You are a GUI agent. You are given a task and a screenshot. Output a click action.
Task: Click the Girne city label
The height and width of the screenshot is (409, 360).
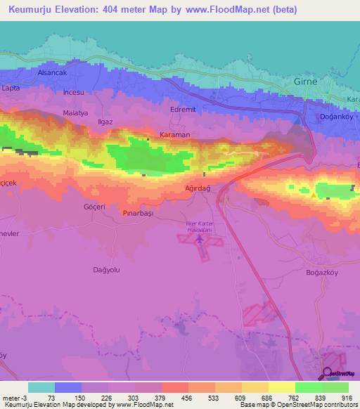(305, 82)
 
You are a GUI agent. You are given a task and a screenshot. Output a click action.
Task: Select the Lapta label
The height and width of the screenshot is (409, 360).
(11, 88)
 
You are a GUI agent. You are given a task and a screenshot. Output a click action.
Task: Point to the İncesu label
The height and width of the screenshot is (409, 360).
(72, 93)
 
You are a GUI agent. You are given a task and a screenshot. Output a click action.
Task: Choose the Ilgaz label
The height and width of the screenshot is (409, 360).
(106, 122)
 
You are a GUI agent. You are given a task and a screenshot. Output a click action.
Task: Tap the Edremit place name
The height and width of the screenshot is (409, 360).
(184, 110)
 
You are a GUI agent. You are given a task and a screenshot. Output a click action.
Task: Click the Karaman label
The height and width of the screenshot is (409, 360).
(175, 134)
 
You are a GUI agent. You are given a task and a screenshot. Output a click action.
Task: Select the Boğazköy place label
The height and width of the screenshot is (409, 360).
(323, 272)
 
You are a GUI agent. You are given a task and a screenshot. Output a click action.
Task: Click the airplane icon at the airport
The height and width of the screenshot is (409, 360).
(200, 240)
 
